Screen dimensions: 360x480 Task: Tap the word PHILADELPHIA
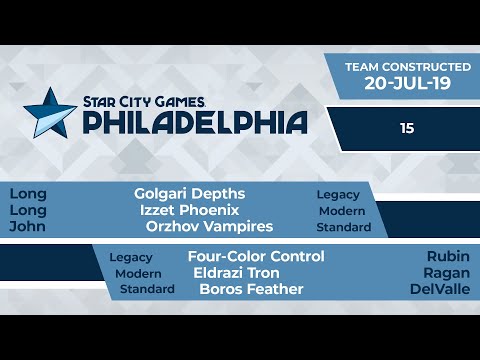pyautogui.click(x=194, y=122)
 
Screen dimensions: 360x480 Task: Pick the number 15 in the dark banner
pyautogui.click(x=406, y=128)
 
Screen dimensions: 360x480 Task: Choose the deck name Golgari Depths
pyautogui.click(x=190, y=193)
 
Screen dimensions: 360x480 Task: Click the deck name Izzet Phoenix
pyautogui.click(x=190, y=210)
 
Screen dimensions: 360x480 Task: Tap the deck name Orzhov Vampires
pyautogui.click(x=209, y=227)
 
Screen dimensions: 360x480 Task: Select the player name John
pyautogui.click(x=27, y=227)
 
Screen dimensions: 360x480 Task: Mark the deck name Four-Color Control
pyautogui.click(x=256, y=256)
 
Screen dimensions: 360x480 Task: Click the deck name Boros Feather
pyautogui.click(x=251, y=290)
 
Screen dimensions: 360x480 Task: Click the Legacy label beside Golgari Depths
pyautogui.click(x=338, y=194)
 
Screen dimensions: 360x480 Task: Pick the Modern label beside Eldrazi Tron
pyautogui.click(x=138, y=273)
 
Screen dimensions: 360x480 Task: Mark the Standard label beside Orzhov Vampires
pyautogui.click(x=343, y=227)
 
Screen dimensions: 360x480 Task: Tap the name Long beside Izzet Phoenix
pyautogui.click(x=27, y=210)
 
